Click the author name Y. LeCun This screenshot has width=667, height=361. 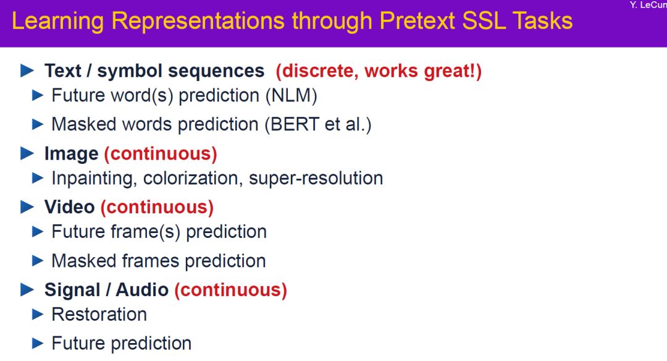[x=648, y=5]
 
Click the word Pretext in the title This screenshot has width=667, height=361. [x=417, y=21]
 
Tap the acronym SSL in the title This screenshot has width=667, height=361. [x=484, y=21]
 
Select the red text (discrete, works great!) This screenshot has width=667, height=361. [x=379, y=71]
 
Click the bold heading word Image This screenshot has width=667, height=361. [x=72, y=154]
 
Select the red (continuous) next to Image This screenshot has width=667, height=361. [x=161, y=154]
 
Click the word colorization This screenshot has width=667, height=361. [x=193, y=179]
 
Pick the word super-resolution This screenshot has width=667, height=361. [x=316, y=178]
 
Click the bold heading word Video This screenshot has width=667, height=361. [x=69, y=207]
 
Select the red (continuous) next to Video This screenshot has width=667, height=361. [x=157, y=207]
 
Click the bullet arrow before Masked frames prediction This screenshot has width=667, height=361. [x=38, y=260]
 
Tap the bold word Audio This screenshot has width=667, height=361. [x=142, y=290]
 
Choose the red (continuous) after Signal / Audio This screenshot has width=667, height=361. [x=230, y=290]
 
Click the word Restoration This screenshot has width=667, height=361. [x=99, y=315]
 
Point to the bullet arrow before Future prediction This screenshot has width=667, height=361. [x=38, y=343]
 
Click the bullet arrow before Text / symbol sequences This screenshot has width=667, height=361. [x=27, y=70]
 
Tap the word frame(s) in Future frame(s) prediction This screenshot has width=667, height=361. [x=146, y=232]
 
